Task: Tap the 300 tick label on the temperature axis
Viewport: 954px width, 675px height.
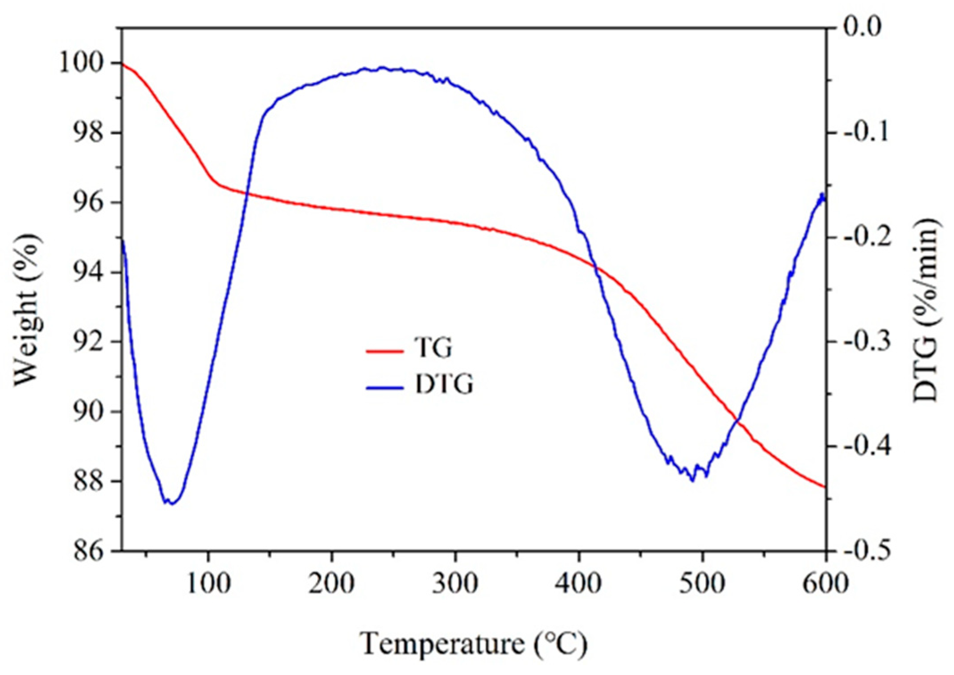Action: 455,583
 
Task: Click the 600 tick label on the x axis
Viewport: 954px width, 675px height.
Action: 825,583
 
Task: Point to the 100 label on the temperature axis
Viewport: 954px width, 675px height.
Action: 208,583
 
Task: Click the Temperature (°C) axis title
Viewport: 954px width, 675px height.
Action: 474,644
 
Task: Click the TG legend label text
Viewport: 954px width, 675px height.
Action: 433,348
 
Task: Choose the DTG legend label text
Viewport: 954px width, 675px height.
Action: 444,384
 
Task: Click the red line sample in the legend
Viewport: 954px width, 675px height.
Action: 384,351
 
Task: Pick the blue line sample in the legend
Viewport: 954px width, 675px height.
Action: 384,387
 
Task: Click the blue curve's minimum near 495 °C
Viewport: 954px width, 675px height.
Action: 692,480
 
